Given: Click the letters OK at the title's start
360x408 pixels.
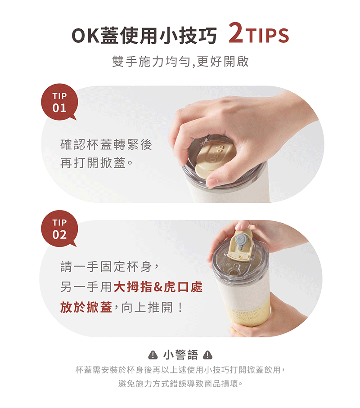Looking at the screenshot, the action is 85,36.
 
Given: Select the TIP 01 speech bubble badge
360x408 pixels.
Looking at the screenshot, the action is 59,102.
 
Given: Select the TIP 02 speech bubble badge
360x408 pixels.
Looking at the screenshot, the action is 59,229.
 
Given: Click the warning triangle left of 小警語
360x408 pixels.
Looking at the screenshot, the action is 153,354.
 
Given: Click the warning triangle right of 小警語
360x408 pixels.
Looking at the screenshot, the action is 207,354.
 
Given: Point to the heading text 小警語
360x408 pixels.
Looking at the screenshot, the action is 180,355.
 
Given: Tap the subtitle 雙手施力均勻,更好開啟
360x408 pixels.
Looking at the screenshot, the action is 180,62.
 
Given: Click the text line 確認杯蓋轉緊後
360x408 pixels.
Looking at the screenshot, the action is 106,144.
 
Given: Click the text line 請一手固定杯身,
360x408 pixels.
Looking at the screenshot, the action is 109,266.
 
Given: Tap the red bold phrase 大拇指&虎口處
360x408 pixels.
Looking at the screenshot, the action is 158,287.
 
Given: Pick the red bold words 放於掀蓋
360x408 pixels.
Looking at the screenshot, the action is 86,307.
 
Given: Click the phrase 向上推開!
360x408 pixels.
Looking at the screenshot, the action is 152,307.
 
